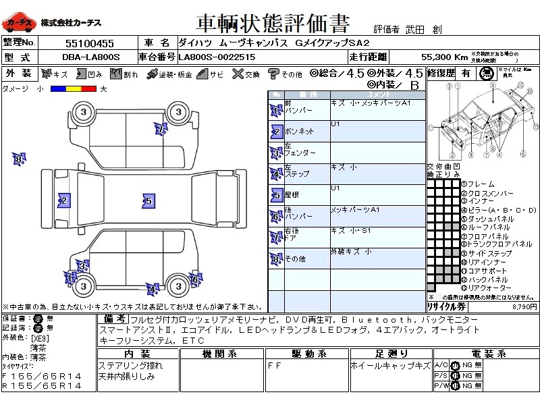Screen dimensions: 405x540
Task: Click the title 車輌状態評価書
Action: tap(273, 24)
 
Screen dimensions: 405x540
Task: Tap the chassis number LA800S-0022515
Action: tap(217, 57)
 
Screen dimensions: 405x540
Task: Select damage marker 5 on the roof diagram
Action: tap(148, 200)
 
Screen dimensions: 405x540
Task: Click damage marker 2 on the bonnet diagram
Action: tap(63, 200)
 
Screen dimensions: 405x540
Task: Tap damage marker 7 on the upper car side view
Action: tap(160, 128)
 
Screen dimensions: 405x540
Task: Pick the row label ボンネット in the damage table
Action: tap(300, 131)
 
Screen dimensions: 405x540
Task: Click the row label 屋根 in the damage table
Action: tap(293, 194)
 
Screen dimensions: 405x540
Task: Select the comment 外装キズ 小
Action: tap(350, 252)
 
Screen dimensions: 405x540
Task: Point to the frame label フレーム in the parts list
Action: tap(480, 184)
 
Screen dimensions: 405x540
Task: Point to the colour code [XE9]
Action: tap(40, 337)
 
